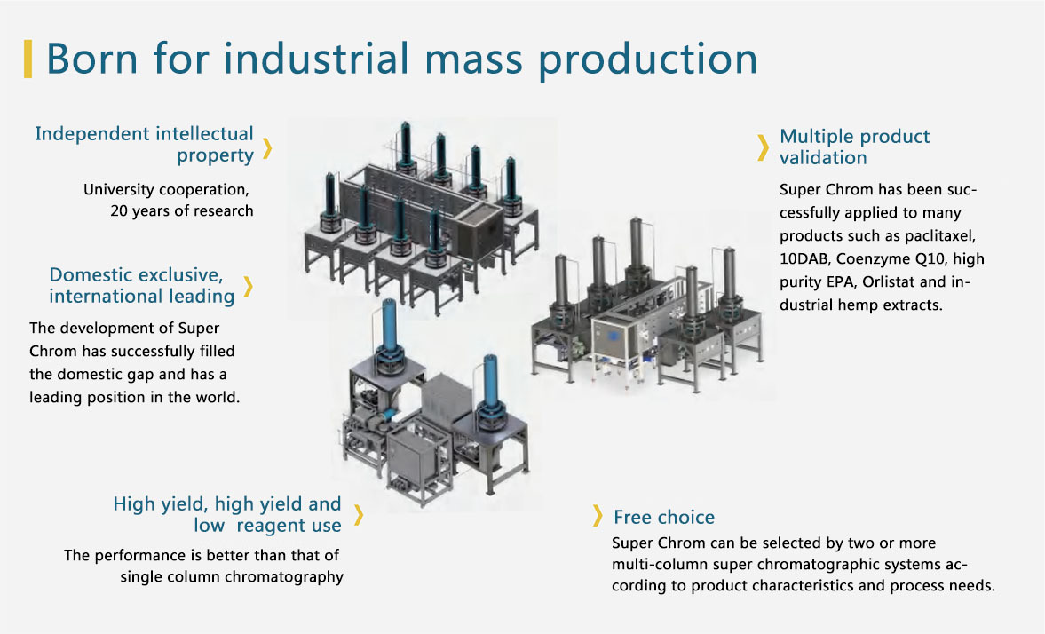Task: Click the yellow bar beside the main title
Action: pyautogui.click(x=28, y=59)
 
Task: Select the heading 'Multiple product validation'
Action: pyautogui.click(x=854, y=147)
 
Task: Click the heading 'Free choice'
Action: pyautogui.click(x=663, y=517)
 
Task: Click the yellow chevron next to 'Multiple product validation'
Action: pyautogui.click(x=763, y=147)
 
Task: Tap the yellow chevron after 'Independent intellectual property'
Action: pyautogui.click(x=266, y=148)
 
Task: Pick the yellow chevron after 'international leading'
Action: pyautogui.click(x=248, y=286)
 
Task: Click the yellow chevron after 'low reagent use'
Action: pyautogui.click(x=359, y=515)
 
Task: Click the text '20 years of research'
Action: pyautogui.click(x=182, y=211)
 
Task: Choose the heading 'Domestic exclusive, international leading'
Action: pyautogui.click(x=142, y=285)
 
